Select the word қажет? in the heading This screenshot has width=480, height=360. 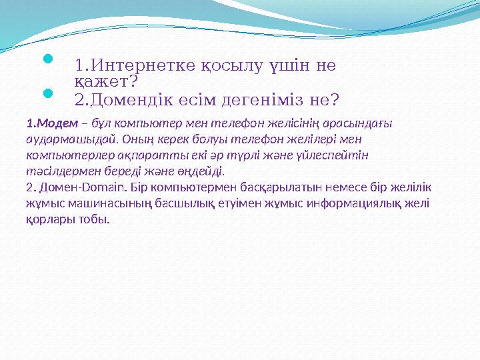click(x=106, y=81)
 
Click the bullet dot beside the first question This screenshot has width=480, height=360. click(x=47, y=61)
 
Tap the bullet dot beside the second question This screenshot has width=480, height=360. click(x=47, y=95)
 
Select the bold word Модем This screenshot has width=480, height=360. click(x=58, y=124)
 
